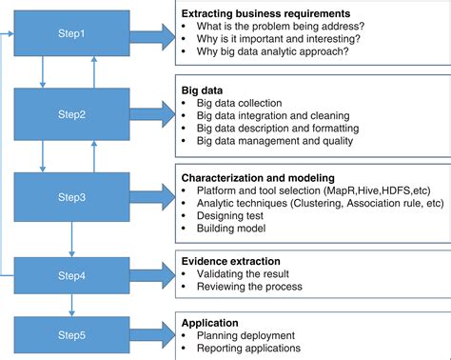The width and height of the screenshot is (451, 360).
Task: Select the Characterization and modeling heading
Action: point(258,177)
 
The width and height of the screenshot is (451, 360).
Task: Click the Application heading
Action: point(210,323)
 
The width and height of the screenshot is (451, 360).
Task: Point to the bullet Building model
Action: point(231,229)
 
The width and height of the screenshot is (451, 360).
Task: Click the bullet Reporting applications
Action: point(250,350)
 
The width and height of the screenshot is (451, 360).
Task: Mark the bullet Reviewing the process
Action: point(250,288)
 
